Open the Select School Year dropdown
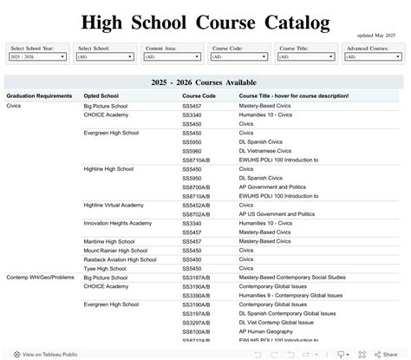pyautogui.click(x=38, y=56)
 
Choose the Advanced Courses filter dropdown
pyautogui.click(x=372, y=56)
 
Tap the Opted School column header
pyautogui.click(x=102, y=95)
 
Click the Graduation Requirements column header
pyautogui.click(x=39, y=95)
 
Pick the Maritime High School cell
pyautogui.click(x=108, y=241)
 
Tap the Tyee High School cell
pyautogui.click(x=104, y=269)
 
